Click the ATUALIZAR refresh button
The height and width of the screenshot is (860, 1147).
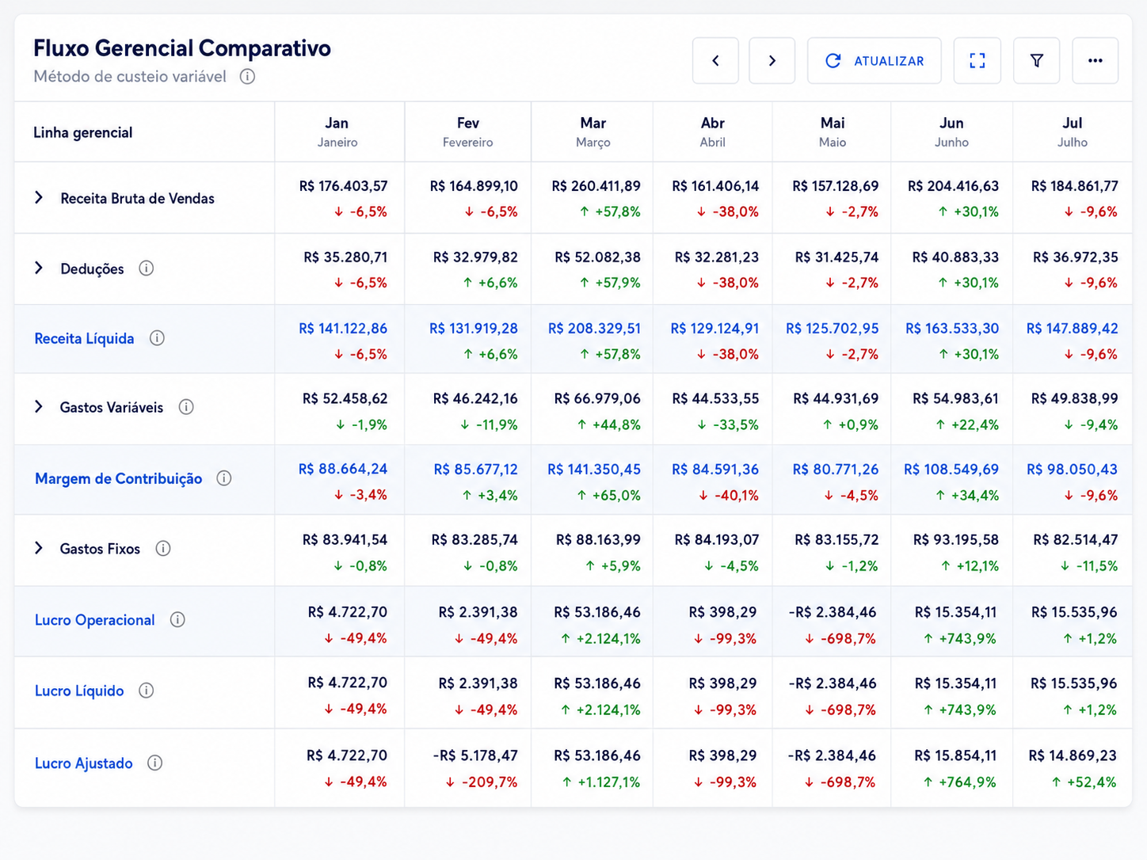pyautogui.click(x=874, y=60)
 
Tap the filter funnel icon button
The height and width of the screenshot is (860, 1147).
pyautogui.click(x=1036, y=60)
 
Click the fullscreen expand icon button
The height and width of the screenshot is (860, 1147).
pyautogui.click(x=977, y=60)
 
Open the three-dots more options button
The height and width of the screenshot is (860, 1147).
pyautogui.click(x=1095, y=60)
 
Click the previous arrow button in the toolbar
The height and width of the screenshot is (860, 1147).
pyautogui.click(x=715, y=60)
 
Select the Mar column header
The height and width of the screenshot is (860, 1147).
pyautogui.click(x=593, y=131)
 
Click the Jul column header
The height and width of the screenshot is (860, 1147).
pyautogui.click(x=1072, y=131)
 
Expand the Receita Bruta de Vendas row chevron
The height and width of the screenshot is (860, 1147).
pyautogui.click(x=39, y=197)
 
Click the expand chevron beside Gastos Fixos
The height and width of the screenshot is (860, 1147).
pyautogui.click(x=39, y=548)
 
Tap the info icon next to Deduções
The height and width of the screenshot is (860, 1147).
pyautogui.click(x=146, y=268)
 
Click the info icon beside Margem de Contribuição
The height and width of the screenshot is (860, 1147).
pyautogui.click(x=223, y=478)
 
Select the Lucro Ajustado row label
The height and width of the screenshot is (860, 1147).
pyautogui.click(x=84, y=763)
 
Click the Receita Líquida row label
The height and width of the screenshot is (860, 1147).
pyautogui.click(x=84, y=338)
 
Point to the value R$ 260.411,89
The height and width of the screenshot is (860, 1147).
pyautogui.click(x=596, y=186)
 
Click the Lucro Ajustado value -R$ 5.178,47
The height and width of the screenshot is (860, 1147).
pyautogui.click(x=475, y=755)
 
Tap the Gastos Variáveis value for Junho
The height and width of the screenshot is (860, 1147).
pyautogui.click(x=955, y=398)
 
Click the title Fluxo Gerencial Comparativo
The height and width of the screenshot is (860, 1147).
pyautogui.click(x=182, y=48)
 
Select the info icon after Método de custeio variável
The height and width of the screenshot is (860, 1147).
pyautogui.click(x=247, y=76)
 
